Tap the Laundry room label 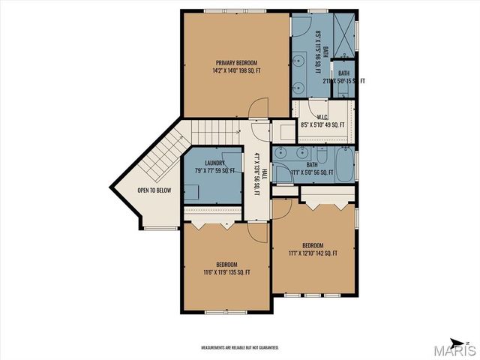210,166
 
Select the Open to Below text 154,190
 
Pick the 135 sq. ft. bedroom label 226,268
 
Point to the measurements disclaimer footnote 240,348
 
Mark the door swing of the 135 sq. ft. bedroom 257,233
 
